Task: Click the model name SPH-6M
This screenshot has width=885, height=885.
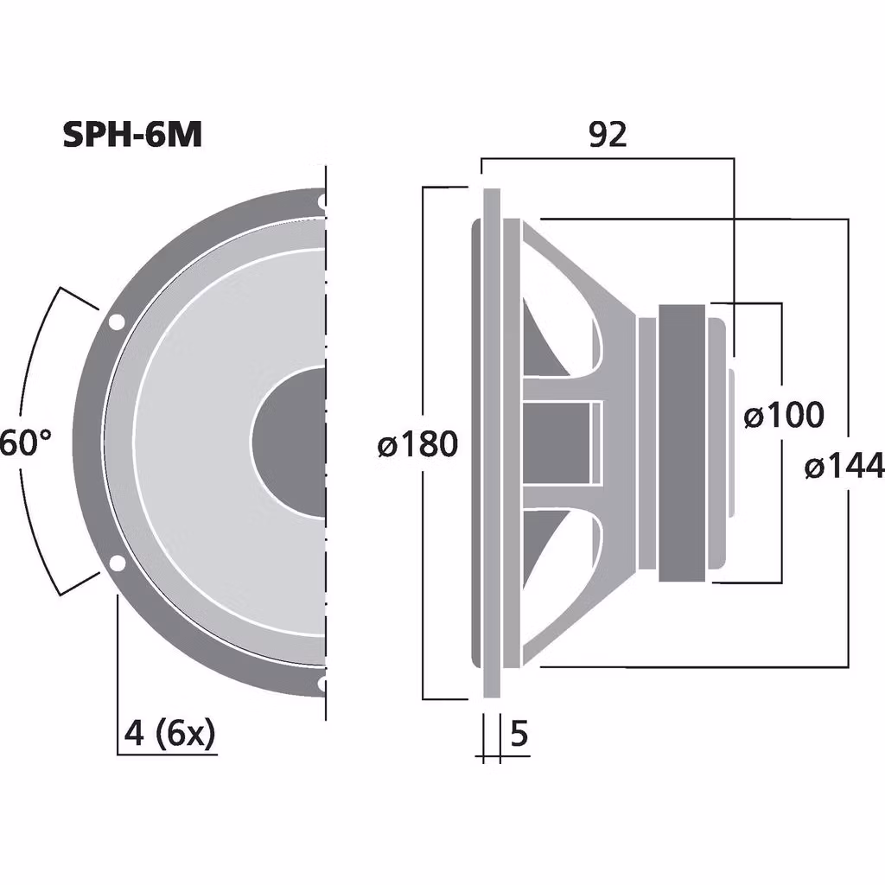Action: click(x=132, y=135)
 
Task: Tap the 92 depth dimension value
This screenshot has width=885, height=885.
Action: click(x=607, y=135)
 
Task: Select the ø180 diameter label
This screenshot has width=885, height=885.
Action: click(x=417, y=445)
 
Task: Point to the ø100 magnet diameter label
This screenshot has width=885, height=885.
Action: click(x=784, y=416)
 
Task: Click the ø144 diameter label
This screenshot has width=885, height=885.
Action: click(x=844, y=468)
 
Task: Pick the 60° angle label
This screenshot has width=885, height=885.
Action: click(x=24, y=443)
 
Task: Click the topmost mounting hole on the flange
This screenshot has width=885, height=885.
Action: click(x=322, y=204)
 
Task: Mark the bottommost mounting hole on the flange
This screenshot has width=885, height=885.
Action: click(x=322, y=684)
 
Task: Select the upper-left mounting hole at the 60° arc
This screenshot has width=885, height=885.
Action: click(x=115, y=323)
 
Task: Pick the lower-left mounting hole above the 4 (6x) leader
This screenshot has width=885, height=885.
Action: click(x=116, y=564)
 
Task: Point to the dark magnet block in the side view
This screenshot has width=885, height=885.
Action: click(x=684, y=442)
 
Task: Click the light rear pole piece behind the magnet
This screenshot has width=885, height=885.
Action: click(x=730, y=442)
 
